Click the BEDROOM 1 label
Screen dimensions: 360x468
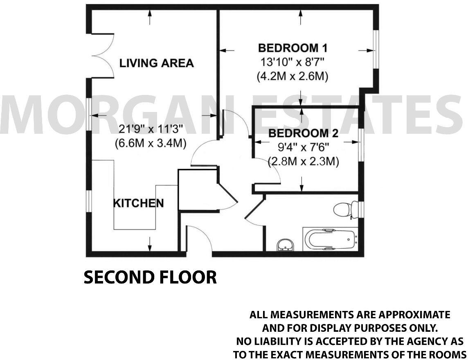[292, 48]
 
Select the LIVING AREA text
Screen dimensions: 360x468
[156, 63]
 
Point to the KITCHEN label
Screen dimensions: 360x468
[138, 203]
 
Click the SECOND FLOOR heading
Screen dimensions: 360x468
[150, 277]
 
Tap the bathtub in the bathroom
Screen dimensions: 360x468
[330, 239]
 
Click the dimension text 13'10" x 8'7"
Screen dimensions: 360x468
[292, 63]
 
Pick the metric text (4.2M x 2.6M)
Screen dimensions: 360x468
[292, 76]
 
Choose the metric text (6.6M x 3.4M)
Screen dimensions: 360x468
[150, 143]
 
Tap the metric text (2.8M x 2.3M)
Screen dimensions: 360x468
[304, 162]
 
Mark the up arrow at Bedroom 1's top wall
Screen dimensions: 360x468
[301, 18]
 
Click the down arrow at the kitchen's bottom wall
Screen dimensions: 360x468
[150, 244]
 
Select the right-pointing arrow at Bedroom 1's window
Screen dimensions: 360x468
[365, 50]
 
